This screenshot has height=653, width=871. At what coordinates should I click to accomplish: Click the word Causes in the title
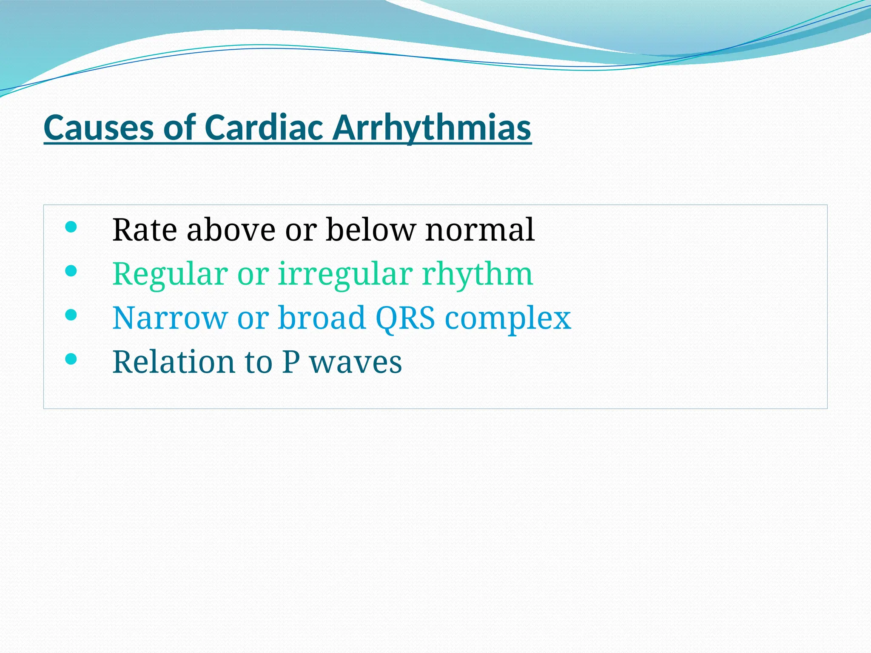point(99,128)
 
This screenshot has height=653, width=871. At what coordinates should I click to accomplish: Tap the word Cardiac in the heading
point(263,128)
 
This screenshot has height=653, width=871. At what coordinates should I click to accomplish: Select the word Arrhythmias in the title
point(432,128)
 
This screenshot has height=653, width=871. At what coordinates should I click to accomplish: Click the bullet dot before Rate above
point(71,227)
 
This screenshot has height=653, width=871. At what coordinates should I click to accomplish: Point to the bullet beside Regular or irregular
point(71,271)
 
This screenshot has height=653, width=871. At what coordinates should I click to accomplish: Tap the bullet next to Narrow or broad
point(71,315)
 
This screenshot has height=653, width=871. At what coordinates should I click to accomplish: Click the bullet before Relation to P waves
point(71,359)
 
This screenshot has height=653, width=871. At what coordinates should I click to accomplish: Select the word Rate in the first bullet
point(145,230)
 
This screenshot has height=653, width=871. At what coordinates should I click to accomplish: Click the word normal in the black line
point(480,230)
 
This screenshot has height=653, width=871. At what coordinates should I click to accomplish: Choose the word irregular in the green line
point(345,274)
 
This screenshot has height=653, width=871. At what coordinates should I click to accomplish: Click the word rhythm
point(477,274)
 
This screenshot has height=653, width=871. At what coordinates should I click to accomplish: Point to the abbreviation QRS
point(405,318)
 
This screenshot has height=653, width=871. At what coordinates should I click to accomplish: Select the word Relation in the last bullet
point(174,362)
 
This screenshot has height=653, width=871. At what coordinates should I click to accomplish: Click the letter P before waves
point(291,362)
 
